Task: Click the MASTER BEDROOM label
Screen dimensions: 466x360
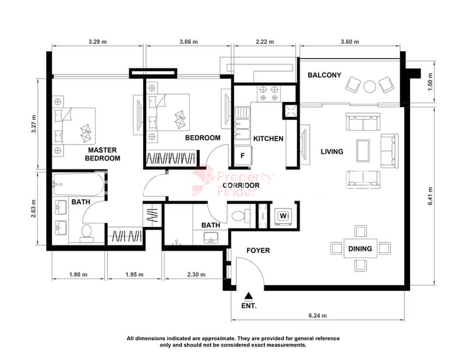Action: coord(103,154)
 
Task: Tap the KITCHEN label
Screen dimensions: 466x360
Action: coord(268,139)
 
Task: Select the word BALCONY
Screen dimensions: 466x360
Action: coord(324,75)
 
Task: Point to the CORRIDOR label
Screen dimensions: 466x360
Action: coord(241,185)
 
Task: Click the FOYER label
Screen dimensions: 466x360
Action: coord(258,250)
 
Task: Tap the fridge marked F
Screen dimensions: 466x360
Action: coord(243,156)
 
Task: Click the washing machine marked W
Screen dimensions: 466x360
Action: coord(283,216)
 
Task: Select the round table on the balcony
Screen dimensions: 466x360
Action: coord(370,87)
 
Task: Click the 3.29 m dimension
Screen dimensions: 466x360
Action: coord(97,42)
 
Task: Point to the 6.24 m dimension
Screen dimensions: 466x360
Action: coord(317,315)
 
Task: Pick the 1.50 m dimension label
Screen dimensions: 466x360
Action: coord(430,82)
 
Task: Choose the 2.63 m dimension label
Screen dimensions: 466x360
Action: coord(33,209)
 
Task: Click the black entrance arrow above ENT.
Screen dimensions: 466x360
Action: coord(249,295)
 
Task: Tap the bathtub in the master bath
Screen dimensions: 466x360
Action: coord(79,184)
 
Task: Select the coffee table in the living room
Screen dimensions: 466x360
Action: coord(363,151)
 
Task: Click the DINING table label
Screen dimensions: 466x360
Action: coord(360,249)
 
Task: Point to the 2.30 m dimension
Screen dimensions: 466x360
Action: coord(196,275)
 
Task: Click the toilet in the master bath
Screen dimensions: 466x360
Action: coord(86,234)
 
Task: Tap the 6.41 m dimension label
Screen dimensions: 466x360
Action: coord(430,196)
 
